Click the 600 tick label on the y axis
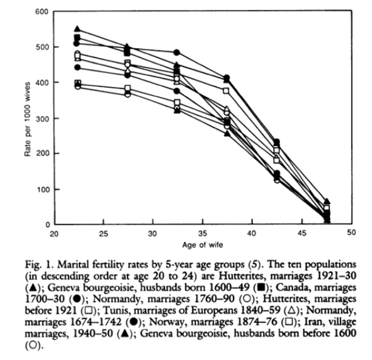coord(41,11)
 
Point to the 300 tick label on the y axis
coord(42,119)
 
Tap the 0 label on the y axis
coord(48,225)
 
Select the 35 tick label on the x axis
coord(202,234)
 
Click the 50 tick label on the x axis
coord(352,233)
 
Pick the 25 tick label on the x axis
coord(103,234)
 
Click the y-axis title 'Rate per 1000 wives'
coord(28,119)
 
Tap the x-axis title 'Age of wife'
coord(203,245)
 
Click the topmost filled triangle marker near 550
coord(77,28)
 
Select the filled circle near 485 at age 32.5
coord(177,53)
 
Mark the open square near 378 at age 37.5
coord(226,91)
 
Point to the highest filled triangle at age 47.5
coord(327,202)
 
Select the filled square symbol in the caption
coord(261,288)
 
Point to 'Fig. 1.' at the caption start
coord(40,265)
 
